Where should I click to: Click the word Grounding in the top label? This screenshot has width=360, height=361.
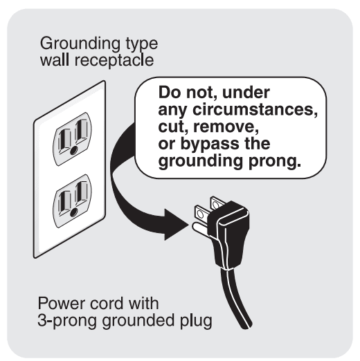[x=80, y=44]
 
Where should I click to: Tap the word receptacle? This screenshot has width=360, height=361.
[x=114, y=61]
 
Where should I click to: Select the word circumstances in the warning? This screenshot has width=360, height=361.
[x=255, y=109]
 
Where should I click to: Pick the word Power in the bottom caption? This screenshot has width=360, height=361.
[x=62, y=303]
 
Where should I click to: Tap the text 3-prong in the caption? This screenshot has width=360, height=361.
[x=66, y=321]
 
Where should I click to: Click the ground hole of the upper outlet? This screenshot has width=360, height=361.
[x=74, y=150]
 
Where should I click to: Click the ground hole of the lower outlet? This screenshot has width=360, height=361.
[x=74, y=212]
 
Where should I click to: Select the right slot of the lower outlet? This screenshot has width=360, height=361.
[x=81, y=194]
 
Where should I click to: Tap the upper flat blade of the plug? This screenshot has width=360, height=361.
[x=217, y=203]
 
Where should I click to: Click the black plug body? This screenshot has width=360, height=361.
[x=228, y=234]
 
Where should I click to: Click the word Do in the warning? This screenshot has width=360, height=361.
[x=170, y=93]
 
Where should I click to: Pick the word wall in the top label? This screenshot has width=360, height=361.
[x=55, y=60]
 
